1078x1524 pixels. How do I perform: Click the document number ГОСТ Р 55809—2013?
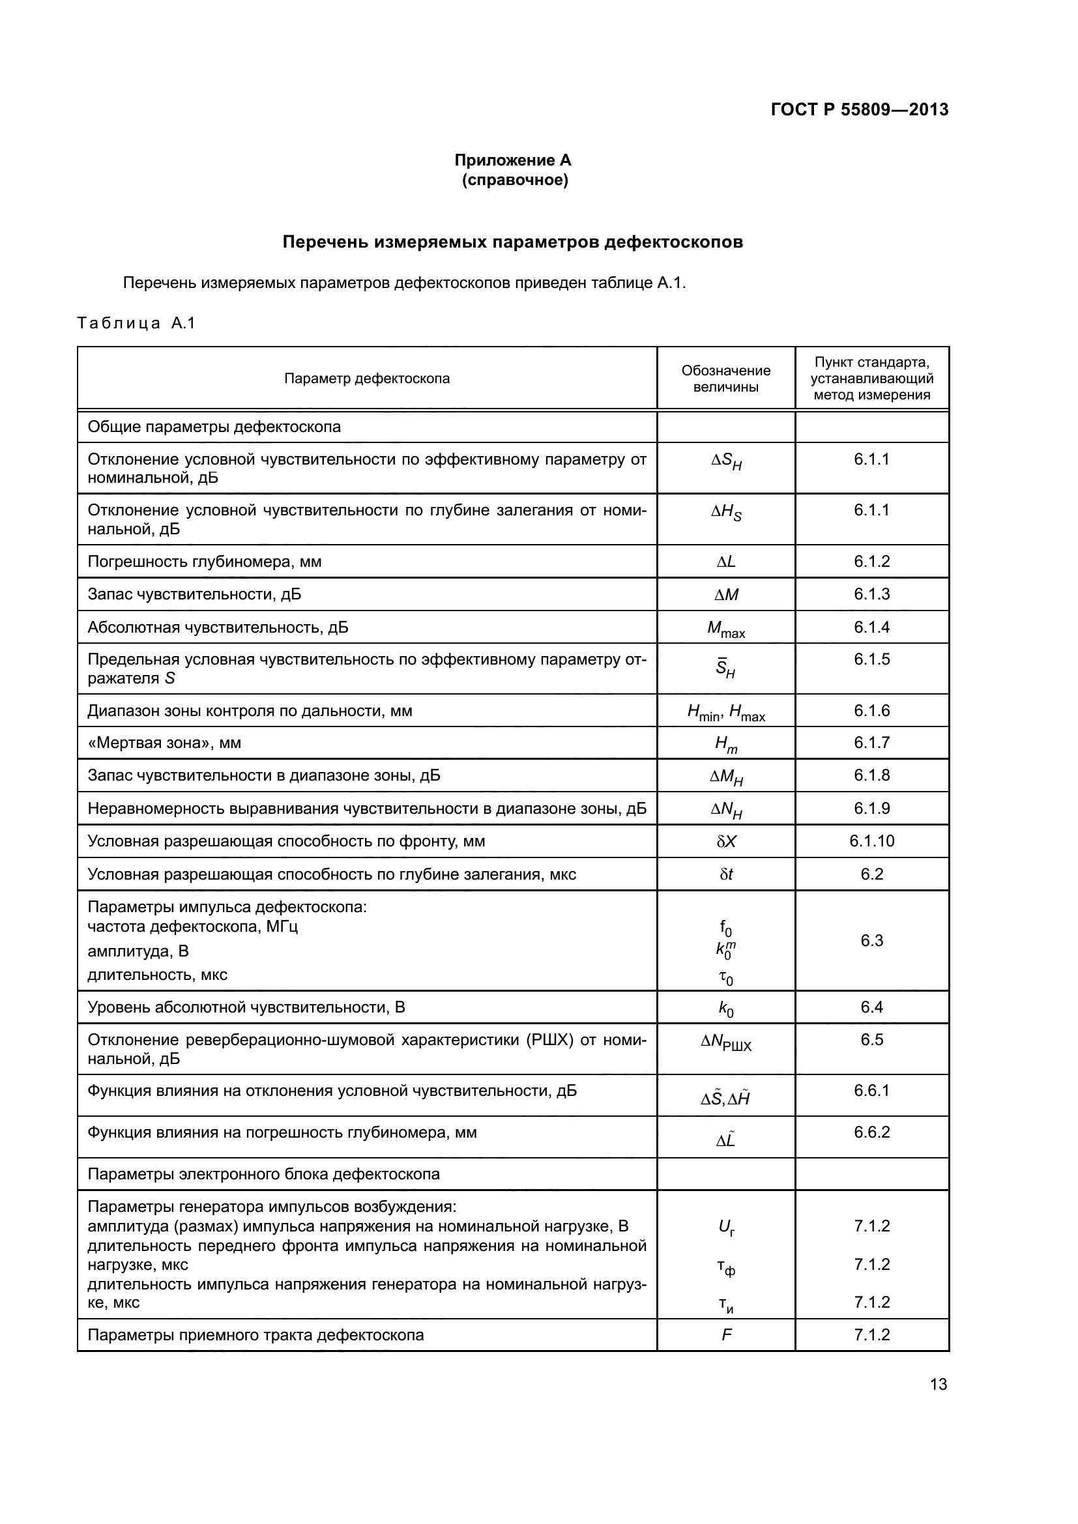pos(859,109)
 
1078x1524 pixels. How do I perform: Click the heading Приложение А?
pos(512,160)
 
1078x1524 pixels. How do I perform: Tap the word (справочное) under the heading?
pos(514,180)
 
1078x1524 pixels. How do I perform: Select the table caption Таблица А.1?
pos(136,323)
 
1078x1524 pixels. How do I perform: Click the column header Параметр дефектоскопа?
pos(366,379)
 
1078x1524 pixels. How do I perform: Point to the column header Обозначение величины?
pos(725,379)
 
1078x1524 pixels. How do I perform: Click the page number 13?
pos(938,1384)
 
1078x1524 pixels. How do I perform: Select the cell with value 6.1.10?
pos(871,841)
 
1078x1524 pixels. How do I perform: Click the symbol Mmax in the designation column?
pos(725,629)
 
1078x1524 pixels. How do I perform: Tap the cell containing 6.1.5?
pos(871,659)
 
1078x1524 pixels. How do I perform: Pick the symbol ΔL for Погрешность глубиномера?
pos(725,562)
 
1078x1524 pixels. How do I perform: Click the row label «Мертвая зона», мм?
pos(165,743)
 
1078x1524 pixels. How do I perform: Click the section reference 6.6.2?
pos(871,1132)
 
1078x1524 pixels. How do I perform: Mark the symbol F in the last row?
pos(726,1335)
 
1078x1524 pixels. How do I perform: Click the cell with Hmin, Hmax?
pos(725,712)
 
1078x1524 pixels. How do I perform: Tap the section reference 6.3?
pos(871,940)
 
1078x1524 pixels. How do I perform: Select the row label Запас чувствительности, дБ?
pos(194,594)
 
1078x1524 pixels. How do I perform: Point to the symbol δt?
pos(725,874)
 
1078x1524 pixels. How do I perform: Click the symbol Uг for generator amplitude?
pos(726,1228)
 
